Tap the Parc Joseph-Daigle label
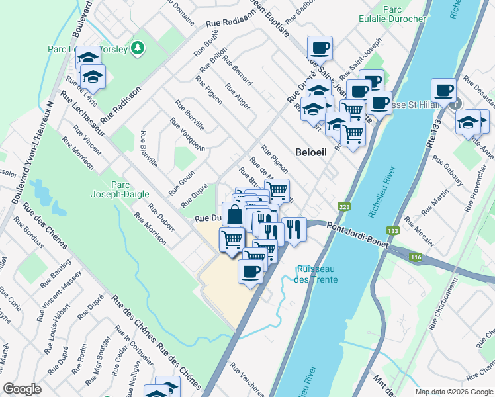pyautogui.click(x=109, y=190)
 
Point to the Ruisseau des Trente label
pyautogui.click(x=317, y=275)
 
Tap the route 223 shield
pyautogui.click(x=343, y=206)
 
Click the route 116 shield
pyautogui.click(x=414, y=255)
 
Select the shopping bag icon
pyautogui.click(x=234, y=214)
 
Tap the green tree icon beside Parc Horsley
pyautogui.click(x=137, y=47)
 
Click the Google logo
pyautogui.click(x=22, y=389)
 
